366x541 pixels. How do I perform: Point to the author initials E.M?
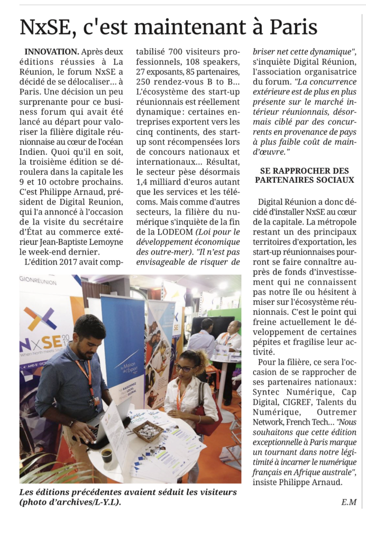349,502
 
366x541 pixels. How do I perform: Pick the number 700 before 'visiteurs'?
177,52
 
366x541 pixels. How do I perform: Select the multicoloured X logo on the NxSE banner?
40,318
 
